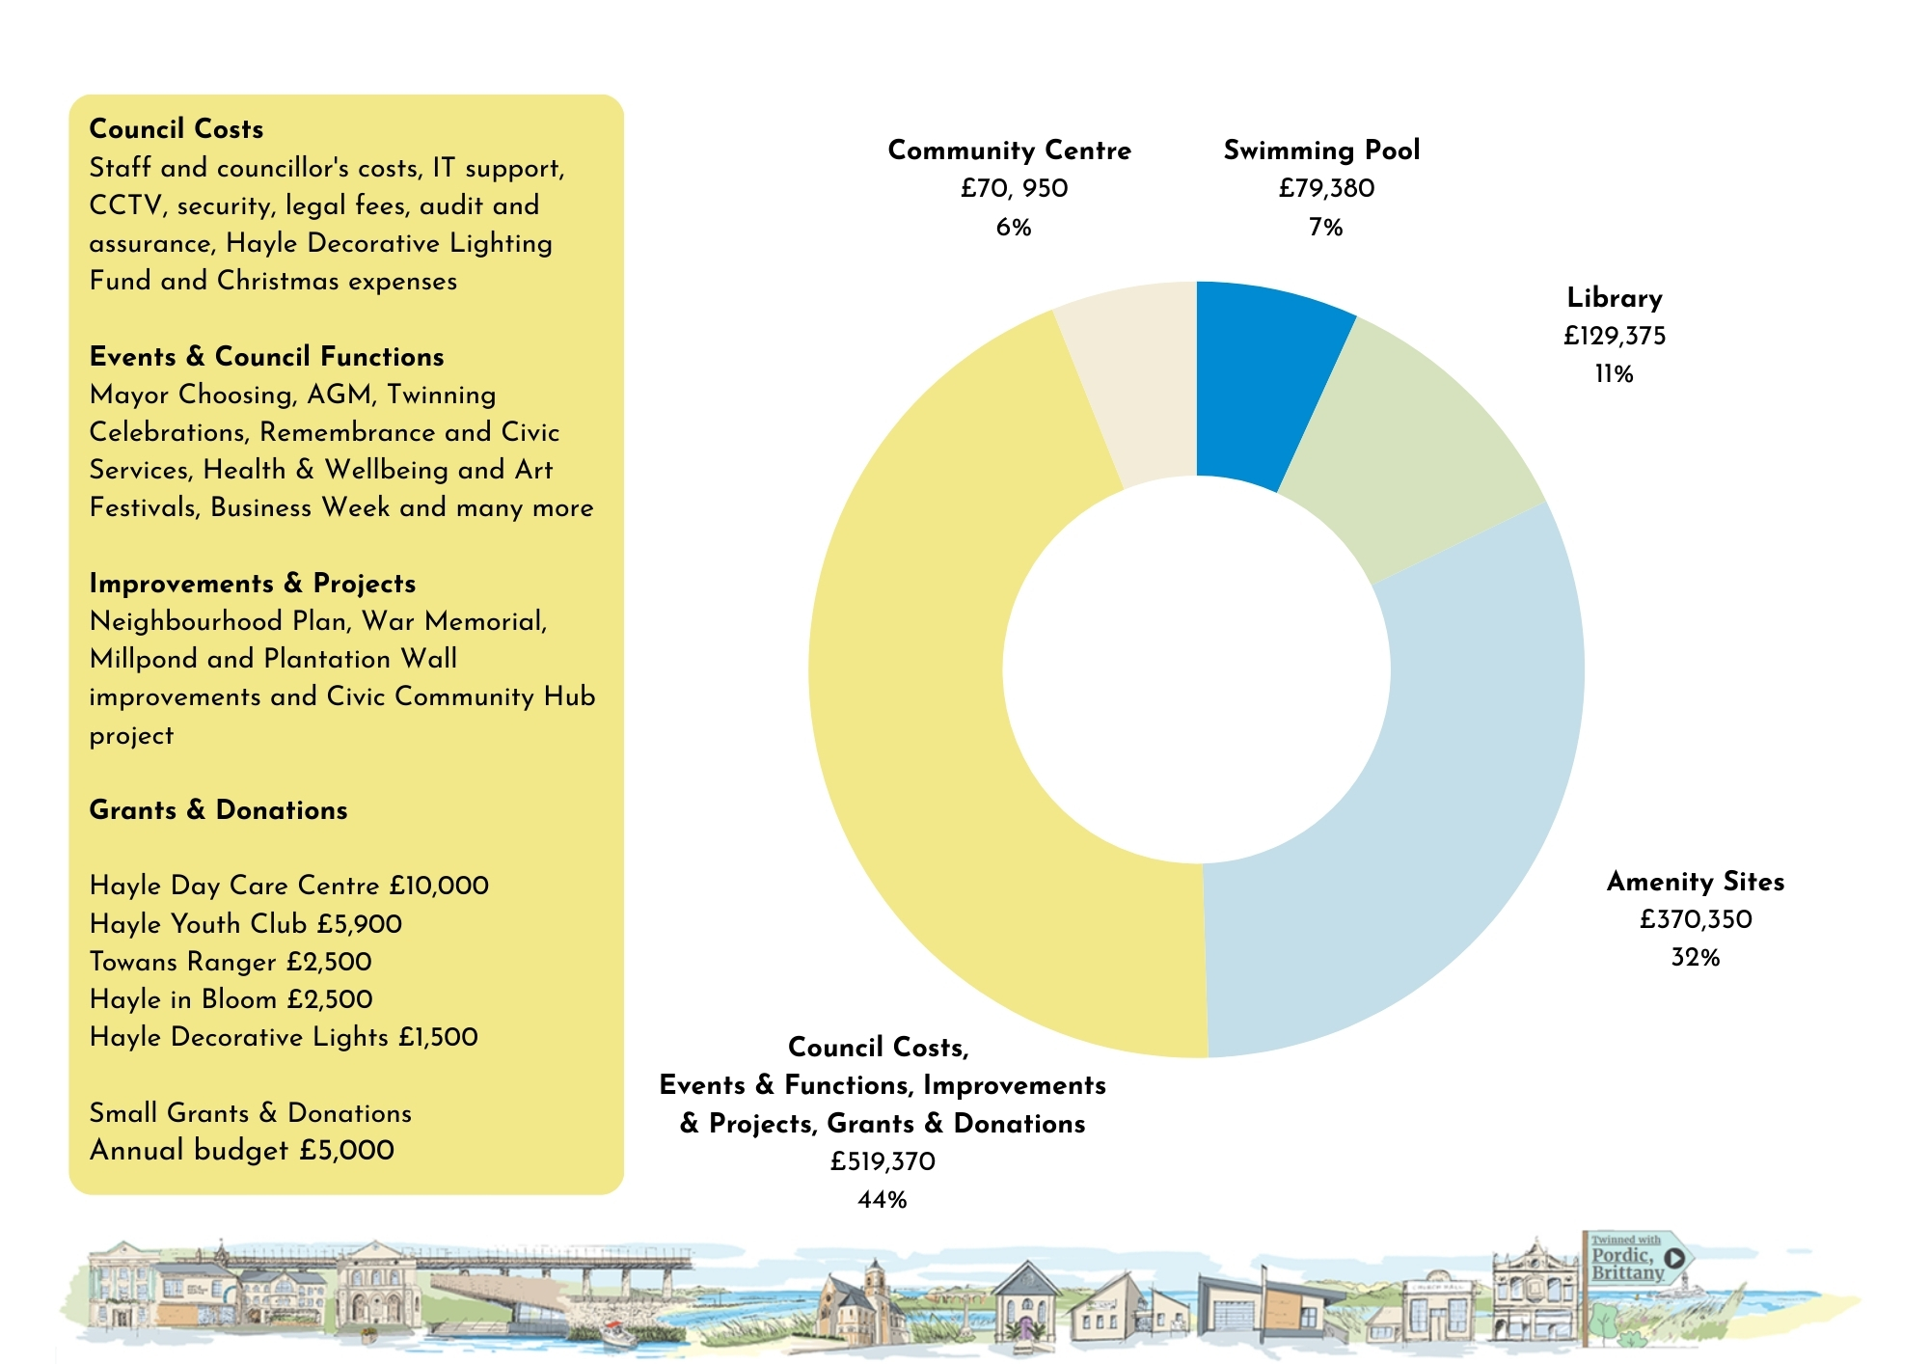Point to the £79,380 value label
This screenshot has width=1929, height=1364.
[1326, 188]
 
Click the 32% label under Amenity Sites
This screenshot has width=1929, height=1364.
[1696, 957]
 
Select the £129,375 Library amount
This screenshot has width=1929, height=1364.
[1615, 336]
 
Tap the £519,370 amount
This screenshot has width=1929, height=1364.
[883, 1161]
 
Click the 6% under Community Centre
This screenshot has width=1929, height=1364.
[1014, 227]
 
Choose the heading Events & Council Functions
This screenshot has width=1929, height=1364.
[266, 356]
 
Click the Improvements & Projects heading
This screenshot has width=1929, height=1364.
[253, 583]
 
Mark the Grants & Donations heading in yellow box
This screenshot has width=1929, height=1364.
[218, 809]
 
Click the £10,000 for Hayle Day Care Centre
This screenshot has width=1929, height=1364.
[439, 886]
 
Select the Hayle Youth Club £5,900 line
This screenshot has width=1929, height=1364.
[245, 923]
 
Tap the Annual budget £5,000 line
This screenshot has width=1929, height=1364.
[241, 1150]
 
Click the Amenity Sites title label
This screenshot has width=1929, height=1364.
[1695, 881]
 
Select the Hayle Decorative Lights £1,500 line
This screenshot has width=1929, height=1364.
[284, 1037]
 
